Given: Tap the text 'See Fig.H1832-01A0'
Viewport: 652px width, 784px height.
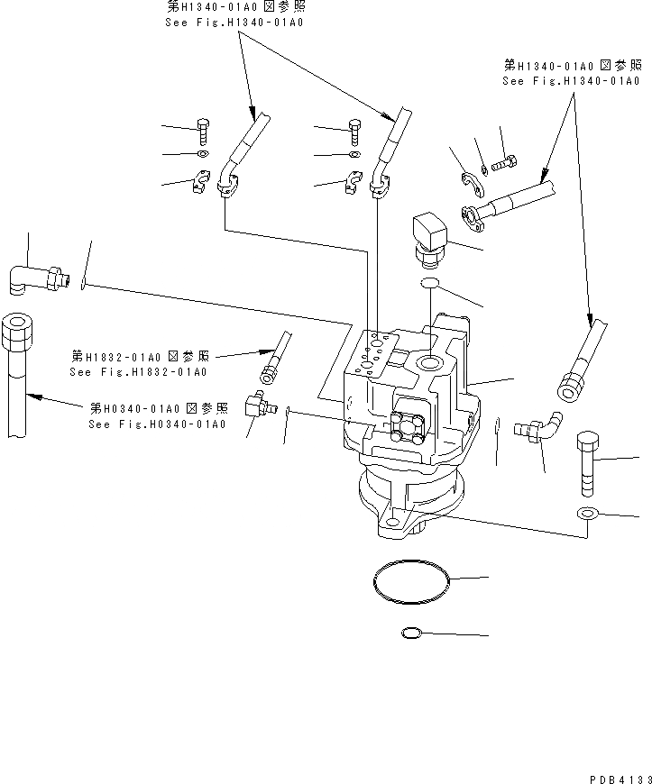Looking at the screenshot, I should (138, 371).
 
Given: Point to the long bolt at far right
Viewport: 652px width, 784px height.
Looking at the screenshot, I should (585, 463).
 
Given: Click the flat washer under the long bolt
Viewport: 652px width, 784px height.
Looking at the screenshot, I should (586, 515).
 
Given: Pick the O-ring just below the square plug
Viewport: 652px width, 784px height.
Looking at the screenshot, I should (430, 286).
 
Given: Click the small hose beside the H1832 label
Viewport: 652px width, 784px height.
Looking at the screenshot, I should (277, 353).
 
